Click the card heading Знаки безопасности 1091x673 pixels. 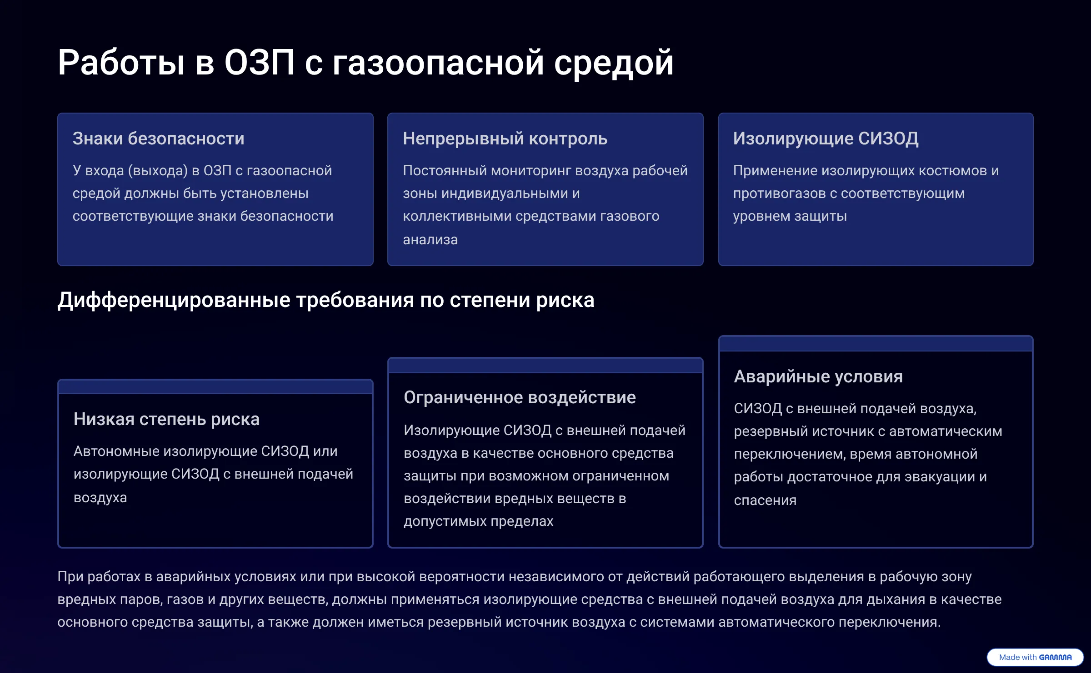[x=159, y=139]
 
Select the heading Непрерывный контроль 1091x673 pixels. [x=505, y=139]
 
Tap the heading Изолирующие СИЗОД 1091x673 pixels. [x=826, y=139]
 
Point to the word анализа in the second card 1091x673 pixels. [x=430, y=240]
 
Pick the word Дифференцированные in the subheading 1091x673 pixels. [x=174, y=300]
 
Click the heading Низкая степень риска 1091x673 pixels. [x=166, y=419]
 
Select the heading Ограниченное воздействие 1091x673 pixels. [x=520, y=397]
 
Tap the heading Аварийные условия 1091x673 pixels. [x=818, y=376]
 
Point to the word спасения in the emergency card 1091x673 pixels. [x=765, y=500]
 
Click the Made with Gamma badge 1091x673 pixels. [x=1035, y=657]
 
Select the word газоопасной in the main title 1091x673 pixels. [x=438, y=63]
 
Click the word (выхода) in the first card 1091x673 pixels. [x=158, y=171]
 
